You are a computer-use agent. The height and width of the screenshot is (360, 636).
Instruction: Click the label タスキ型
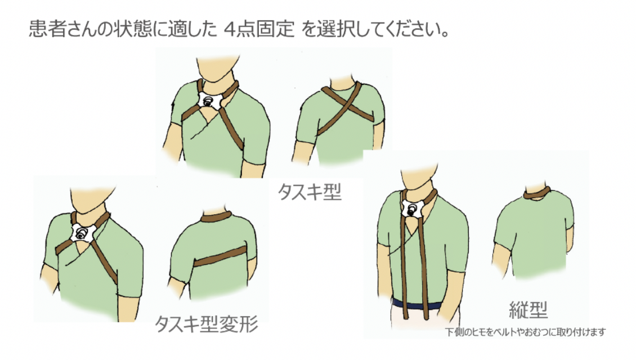[x=310, y=192]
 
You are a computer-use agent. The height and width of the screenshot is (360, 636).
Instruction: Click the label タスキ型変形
[x=207, y=324]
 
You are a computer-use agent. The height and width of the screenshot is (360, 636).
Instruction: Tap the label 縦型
[x=528, y=310]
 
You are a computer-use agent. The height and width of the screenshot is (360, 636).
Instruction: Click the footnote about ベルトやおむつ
[x=525, y=332]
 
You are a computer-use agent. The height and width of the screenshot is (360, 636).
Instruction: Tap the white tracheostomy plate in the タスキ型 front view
[x=209, y=100]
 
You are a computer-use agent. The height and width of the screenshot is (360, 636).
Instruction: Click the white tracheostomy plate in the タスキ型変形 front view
[x=82, y=233]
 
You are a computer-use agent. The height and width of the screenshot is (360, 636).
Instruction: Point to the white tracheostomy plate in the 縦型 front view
[x=413, y=209]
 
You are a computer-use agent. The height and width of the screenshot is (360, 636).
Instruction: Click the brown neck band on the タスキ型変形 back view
[x=216, y=217]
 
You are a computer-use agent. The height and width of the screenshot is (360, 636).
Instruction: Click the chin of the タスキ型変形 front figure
[x=90, y=210]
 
